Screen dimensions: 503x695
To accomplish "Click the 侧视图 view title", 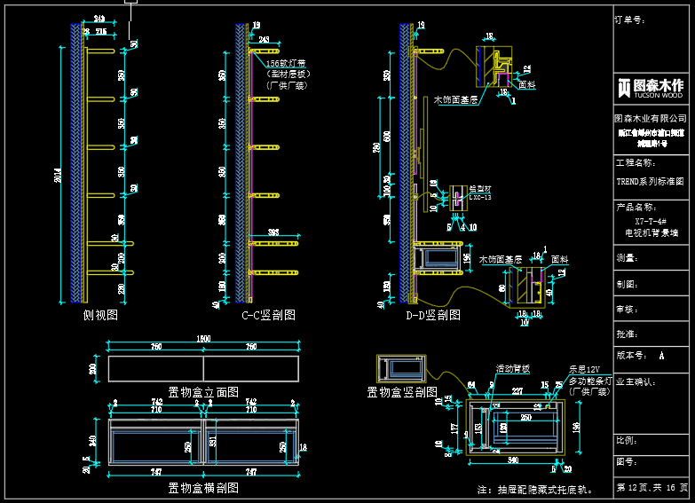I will [100, 315].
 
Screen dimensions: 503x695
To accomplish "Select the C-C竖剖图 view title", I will [268, 315].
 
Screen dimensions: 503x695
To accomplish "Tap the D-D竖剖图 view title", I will [433, 315].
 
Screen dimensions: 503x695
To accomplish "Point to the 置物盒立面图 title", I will [203, 391].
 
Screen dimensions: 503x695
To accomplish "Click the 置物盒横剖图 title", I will [203, 487].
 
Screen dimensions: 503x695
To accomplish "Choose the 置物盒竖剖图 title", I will [402, 391].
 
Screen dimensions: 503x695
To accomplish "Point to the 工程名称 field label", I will [636, 163].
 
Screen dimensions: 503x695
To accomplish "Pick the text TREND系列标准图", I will [651, 180].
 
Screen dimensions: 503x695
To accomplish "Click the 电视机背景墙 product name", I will [651, 233].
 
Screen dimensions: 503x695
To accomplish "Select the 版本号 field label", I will [633, 355].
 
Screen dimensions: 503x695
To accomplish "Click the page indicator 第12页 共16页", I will [652, 488].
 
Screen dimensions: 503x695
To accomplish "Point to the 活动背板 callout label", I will [513, 367].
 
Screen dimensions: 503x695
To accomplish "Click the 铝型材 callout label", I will [479, 188].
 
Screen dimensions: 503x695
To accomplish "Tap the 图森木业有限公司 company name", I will [652, 118].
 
